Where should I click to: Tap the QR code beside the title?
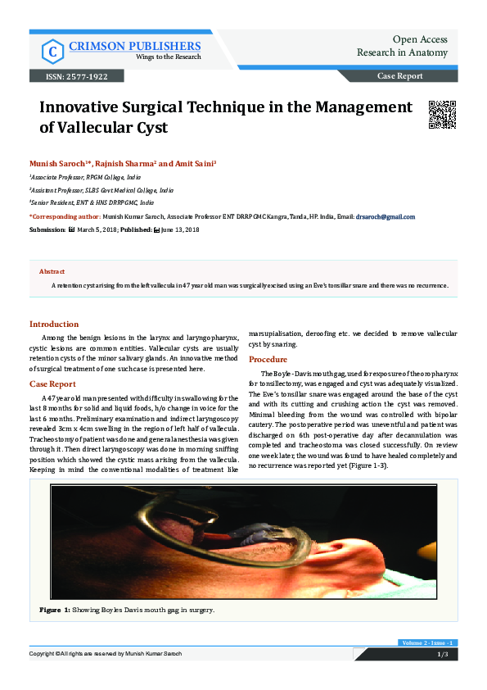pos(442,115)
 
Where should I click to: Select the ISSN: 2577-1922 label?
pos(70,76)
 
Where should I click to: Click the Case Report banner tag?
pos(399,76)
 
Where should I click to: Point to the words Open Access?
pos(420,39)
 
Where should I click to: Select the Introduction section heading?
pos(54,324)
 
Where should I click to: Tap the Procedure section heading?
pos(268,360)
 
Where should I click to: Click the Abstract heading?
pos(52,271)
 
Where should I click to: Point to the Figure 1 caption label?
pos(56,611)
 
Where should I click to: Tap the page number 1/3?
pos(441,655)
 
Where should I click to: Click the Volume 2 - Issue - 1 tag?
pos(427,642)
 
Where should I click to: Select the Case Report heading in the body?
pos(52,384)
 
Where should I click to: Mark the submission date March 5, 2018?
pos(99,230)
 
